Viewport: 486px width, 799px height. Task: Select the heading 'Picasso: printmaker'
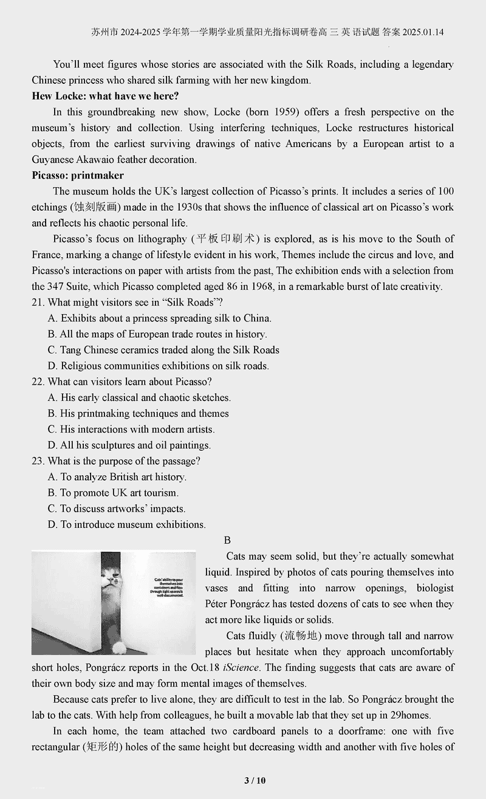point(78,176)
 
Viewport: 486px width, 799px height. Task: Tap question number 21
point(38,303)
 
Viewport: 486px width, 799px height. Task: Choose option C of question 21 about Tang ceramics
point(163,350)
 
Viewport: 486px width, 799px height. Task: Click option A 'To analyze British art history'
point(117,477)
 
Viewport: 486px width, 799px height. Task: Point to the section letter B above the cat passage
point(227,540)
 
